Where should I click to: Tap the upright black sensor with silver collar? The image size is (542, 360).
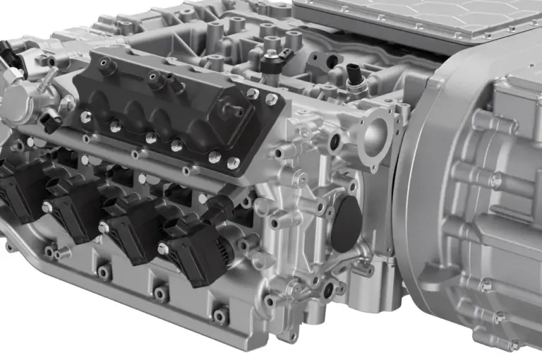tap(354, 76)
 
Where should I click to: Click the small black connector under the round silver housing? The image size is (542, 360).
tap(51, 121)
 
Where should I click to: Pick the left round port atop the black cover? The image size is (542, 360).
tap(108, 67)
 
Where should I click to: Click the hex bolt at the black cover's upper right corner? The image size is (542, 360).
tap(270, 100)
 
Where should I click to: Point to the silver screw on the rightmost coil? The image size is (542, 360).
tap(163, 248)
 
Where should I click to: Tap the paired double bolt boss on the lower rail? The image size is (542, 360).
tap(55, 251)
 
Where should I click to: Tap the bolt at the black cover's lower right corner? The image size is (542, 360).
tap(233, 164)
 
